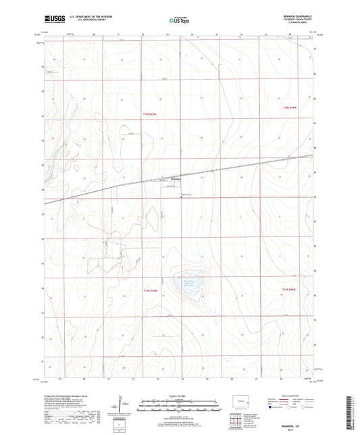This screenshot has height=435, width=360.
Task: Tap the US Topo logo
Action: (x=180, y=21)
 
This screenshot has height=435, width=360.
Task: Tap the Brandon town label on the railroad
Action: (x=165, y=178)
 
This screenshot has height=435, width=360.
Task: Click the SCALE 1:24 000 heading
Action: (x=180, y=396)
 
